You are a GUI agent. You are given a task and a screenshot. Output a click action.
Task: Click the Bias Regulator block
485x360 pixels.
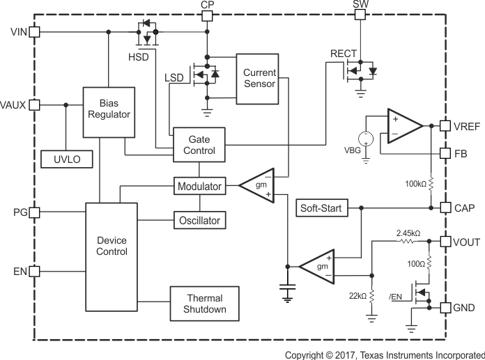click(109, 112)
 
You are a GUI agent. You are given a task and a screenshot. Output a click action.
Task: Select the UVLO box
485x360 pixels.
click(67, 159)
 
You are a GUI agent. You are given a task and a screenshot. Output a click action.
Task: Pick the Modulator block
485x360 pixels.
click(199, 187)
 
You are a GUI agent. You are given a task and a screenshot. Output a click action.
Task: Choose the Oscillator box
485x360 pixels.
click(199, 221)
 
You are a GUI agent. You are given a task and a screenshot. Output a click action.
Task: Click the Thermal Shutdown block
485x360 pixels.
click(206, 303)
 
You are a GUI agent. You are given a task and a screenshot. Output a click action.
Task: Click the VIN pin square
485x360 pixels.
click(35, 32)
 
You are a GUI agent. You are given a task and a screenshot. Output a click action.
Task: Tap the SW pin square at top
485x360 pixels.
click(360, 15)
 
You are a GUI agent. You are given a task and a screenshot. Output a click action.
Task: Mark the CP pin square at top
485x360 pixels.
click(207, 15)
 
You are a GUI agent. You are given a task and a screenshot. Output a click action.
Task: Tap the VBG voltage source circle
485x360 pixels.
click(365, 139)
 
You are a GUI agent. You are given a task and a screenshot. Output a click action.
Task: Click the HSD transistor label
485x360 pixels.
click(138, 56)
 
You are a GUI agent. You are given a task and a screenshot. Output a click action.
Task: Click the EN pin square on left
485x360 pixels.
click(35, 270)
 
